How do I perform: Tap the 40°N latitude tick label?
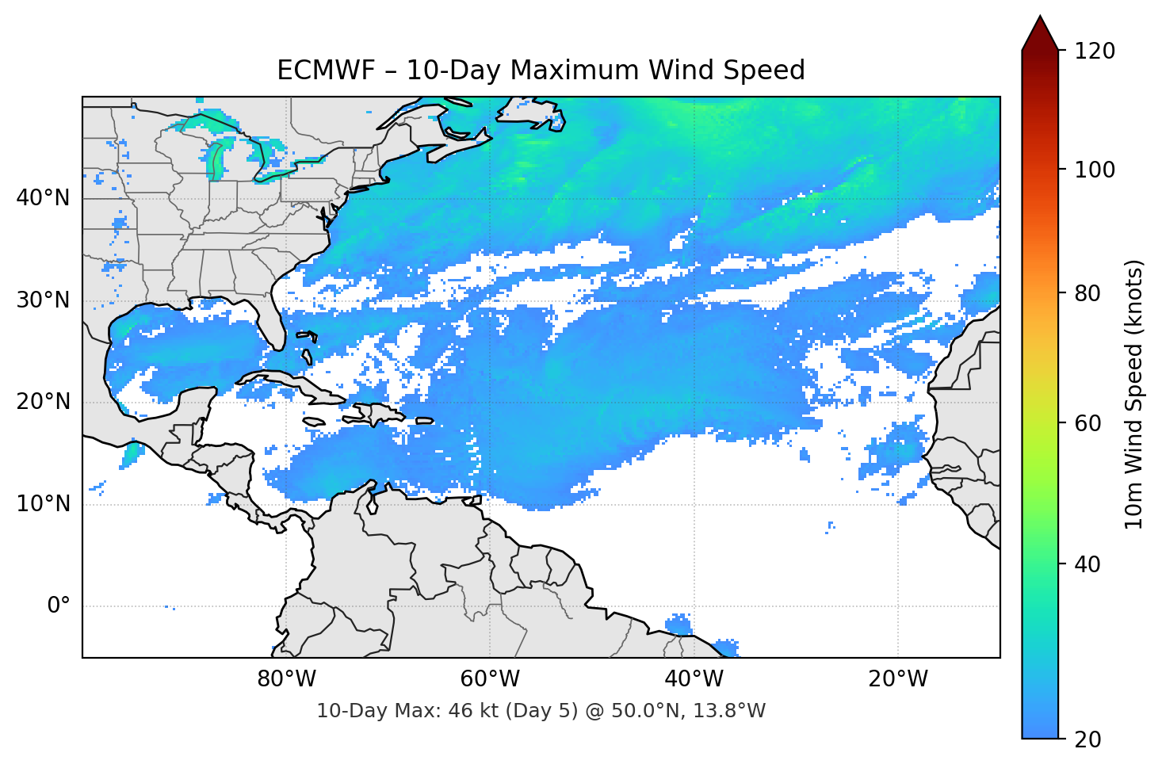43,198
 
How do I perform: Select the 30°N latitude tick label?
43,300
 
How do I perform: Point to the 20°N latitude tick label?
43,402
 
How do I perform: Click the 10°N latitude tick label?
43,504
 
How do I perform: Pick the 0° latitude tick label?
59,606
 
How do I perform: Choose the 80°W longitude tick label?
286,679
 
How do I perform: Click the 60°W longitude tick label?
490,679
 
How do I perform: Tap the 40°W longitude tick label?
694,679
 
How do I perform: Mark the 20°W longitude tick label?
897,679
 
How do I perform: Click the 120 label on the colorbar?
1095,52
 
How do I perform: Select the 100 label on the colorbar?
1095,170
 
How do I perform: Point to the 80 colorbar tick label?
1087,293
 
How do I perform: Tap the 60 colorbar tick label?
1087,423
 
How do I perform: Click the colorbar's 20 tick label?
1087,739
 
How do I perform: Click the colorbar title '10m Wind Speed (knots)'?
1134,395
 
